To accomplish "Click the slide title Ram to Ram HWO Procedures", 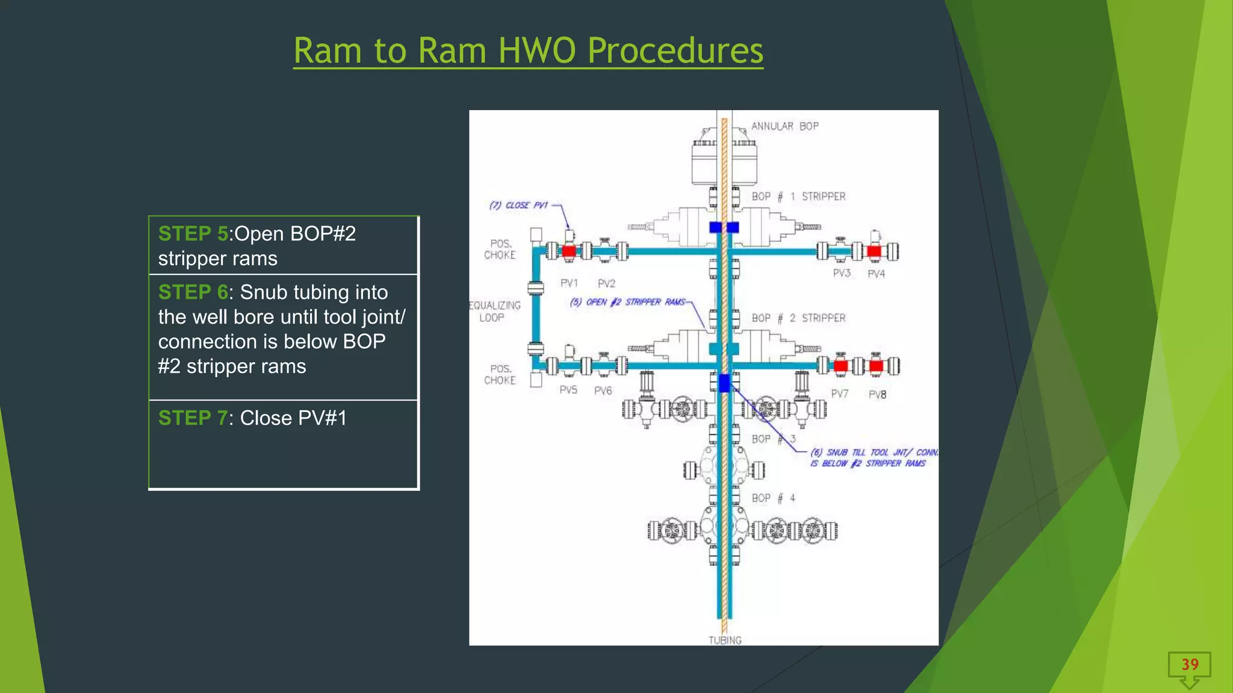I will tap(528, 51).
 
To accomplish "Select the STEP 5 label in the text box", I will tap(193, 233).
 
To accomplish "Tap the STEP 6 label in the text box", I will tap(193, 292).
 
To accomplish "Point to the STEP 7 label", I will tap(193, 418).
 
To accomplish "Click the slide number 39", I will tap(1190, 665).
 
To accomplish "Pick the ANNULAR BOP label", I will tap(784, 126).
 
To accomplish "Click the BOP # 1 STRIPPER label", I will tap(798, 197).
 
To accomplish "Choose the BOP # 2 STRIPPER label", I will tap(798, 318).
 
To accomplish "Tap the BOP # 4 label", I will tap(774, 498).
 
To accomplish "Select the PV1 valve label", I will tap(569, 283).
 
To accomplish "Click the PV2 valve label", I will tap(606, 283).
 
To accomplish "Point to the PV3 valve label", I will tap(842, 274).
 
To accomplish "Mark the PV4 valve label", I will tap(876, 274).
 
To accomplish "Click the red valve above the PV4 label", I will tap(874, 251).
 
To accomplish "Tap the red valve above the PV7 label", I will tap(840, 365).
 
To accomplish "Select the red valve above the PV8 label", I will tap(877, 365).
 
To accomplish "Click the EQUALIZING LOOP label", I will tap(494, 312).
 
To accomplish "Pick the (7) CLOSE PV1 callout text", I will tap(518, 205).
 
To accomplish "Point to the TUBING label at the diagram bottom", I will tap(725, 640).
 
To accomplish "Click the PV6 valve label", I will tap(603, 391).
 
